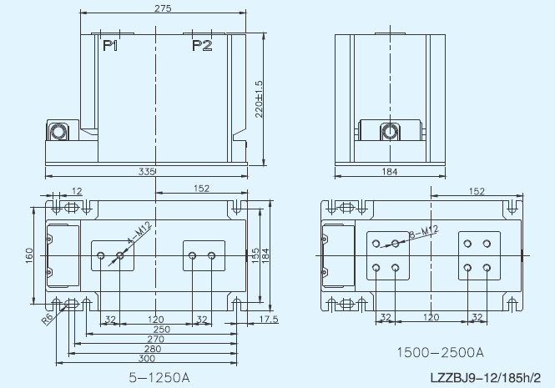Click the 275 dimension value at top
(163, 8)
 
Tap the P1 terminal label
(110, 46)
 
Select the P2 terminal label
(202, 46)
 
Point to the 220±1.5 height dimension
(259, 99)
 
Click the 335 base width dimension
(147, 172)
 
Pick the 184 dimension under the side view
(390, 172)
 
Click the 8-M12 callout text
(424, 231)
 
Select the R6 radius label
(48, 319)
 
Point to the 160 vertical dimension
(29, 255)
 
